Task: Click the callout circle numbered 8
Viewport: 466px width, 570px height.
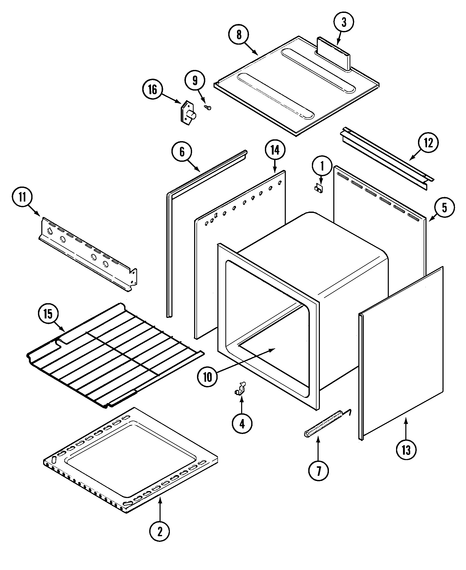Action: [x=239, y=35]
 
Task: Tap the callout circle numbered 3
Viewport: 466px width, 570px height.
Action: [x=344, y=22]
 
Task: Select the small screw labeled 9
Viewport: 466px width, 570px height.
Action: [x=208, y=108]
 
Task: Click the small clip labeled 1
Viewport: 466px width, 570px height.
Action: [x=319, y=188]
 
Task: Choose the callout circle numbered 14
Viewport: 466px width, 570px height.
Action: [x=275, y=150]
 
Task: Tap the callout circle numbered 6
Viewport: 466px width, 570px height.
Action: [x=182, y=152]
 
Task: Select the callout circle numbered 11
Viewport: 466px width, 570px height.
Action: [x=22, y=197]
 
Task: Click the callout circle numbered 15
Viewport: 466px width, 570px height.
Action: [x=48, y=314]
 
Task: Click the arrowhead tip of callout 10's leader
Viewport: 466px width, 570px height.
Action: [x=275, y=349]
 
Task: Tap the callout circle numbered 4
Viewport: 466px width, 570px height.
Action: [x=242, y=424]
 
